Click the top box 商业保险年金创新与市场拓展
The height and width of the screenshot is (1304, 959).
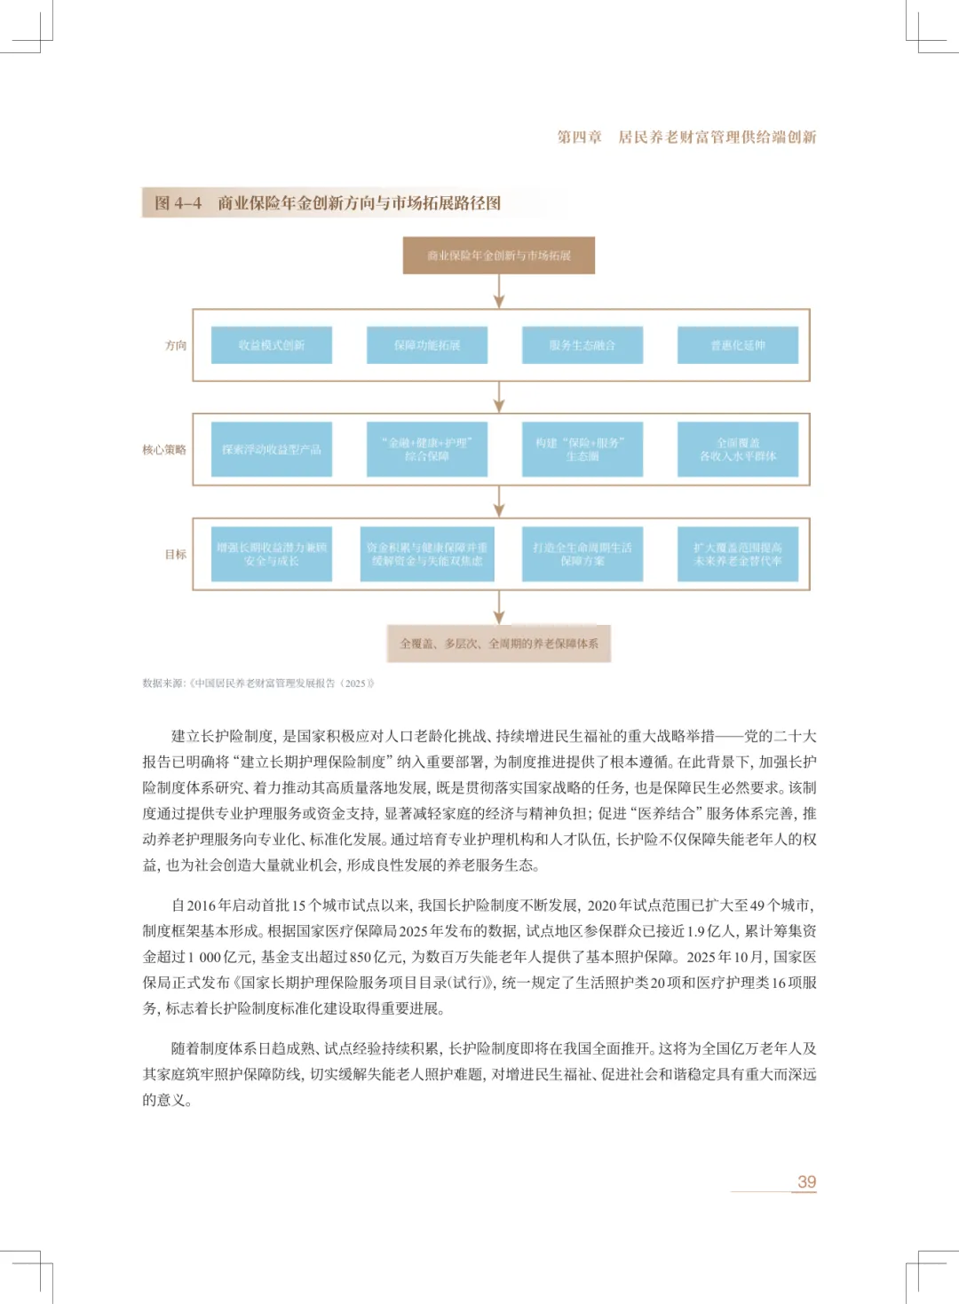498,256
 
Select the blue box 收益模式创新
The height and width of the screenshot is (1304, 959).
272,345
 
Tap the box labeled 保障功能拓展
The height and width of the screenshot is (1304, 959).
427,345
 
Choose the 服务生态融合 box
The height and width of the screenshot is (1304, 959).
583,345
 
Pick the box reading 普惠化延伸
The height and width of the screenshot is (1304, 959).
738,345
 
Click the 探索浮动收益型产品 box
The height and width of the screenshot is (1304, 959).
272,449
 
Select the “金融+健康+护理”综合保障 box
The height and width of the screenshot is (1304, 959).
427,449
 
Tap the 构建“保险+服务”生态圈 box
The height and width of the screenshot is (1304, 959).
583,449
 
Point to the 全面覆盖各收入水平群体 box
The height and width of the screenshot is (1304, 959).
738,449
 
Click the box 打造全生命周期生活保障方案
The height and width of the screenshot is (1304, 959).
583,554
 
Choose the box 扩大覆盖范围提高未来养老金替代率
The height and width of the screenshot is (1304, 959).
738,554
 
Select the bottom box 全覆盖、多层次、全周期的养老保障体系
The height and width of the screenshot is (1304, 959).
498,644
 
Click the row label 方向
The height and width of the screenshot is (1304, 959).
176,345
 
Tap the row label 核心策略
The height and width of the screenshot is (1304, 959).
164,450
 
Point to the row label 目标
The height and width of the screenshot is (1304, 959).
176,554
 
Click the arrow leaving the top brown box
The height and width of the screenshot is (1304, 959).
499,291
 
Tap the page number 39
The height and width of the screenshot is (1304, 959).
806,1182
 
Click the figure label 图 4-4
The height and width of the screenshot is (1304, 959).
178,203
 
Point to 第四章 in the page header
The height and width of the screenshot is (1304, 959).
579,137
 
